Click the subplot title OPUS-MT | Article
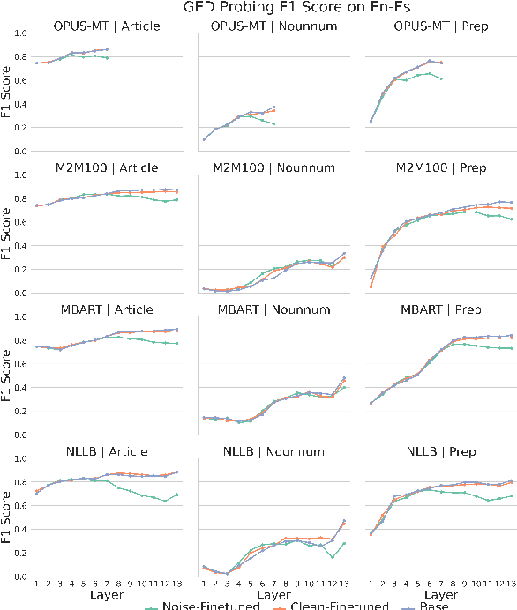pyautogui.click(x=107, y=26)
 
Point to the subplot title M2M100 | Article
pyautogui.click(x=107, y=167)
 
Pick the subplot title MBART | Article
pyautogui.click(x=107, y=309)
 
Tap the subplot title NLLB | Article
pyautogui.click(x=107, y=451)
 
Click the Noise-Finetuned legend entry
pyautogui.click(x=206, y=605)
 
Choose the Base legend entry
pyautogui.click(x=433, y=605)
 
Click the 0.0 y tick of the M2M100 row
pyautogui.click(x=19, y=293)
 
